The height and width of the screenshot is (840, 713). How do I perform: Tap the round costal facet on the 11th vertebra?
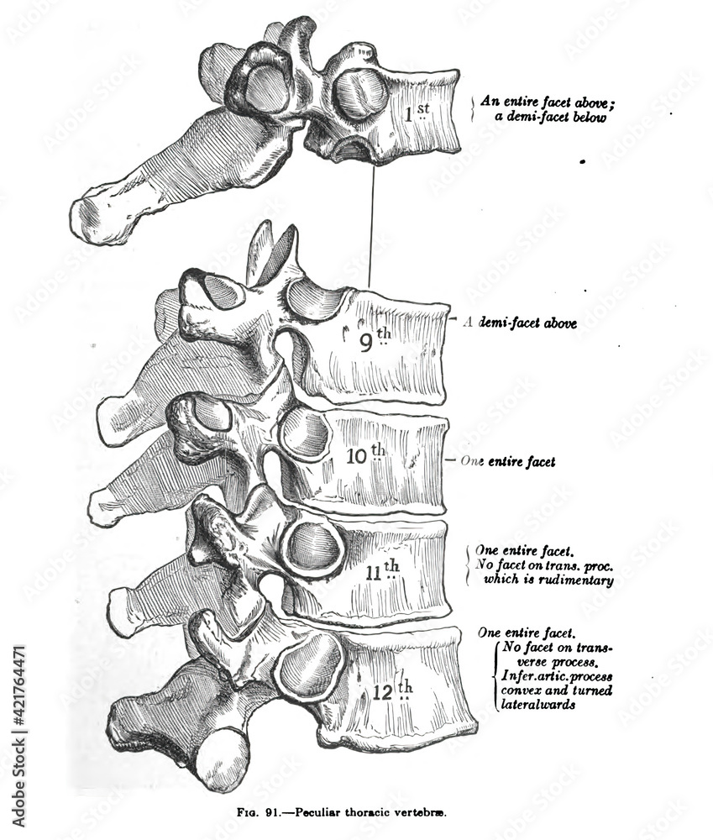coord(314,547)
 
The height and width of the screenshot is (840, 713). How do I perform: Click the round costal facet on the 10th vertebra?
coord(305,433)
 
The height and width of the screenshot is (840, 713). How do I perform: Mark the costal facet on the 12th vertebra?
coord(309,668)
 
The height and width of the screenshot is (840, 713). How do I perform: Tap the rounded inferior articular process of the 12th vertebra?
coord(222,758)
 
